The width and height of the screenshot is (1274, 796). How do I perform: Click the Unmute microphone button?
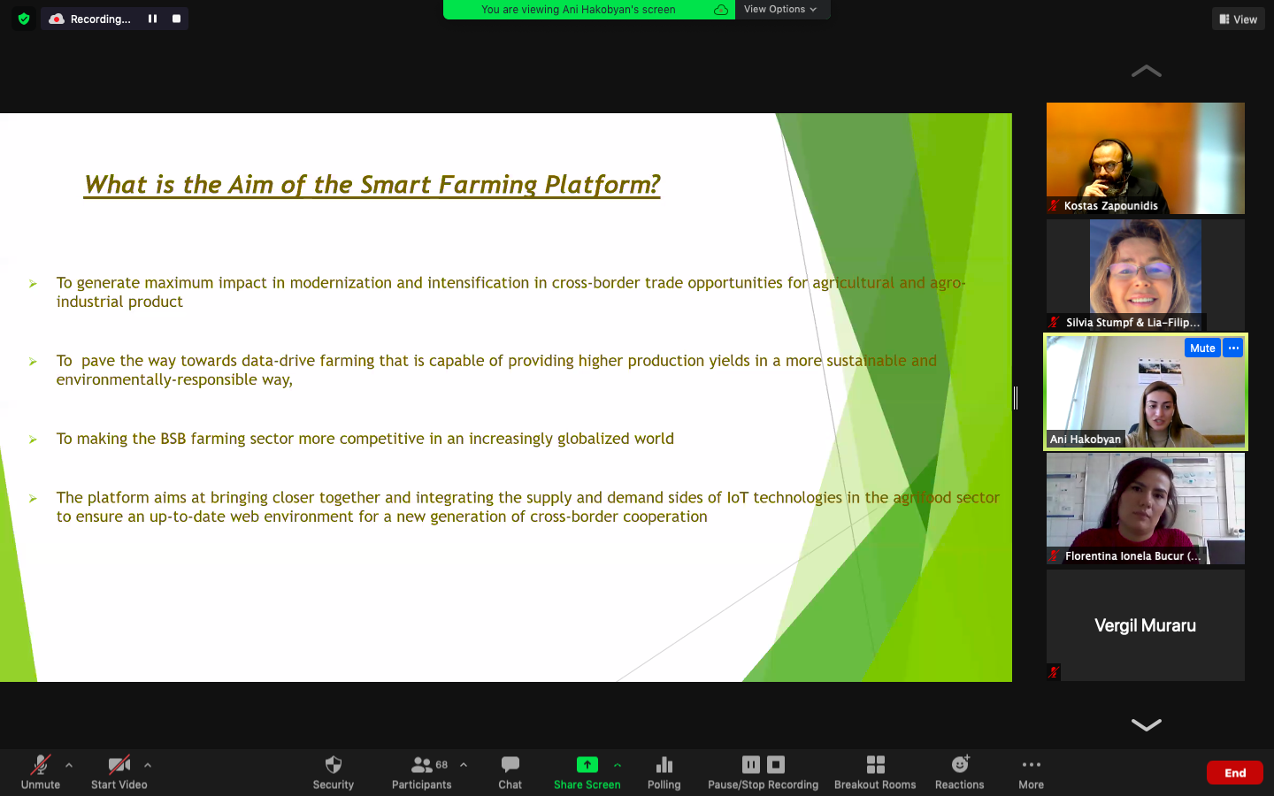[41, 765]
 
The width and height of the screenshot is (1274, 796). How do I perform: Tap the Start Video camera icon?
[119, 765]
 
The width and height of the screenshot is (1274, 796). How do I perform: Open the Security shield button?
[334, 765]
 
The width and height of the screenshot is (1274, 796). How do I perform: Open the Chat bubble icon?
[510, 765]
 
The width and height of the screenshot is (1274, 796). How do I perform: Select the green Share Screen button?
[587, 765]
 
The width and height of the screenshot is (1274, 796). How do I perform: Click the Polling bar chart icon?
[664, 765]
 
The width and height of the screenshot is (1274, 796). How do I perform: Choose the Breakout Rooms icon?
[875, 765]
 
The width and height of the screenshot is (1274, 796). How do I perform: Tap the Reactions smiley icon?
[960, 764]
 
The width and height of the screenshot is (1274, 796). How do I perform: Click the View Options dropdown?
[780, 9]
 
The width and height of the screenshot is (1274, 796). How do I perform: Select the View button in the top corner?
[1239, 19]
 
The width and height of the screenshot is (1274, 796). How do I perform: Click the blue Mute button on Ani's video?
[1201, 348]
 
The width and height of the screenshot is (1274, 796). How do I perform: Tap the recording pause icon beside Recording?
[152, 19]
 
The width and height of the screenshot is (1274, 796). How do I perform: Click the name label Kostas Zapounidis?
[1110, 206]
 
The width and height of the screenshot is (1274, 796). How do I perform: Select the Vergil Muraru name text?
[1145, 625]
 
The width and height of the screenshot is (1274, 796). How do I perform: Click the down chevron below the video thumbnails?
[1146, 724]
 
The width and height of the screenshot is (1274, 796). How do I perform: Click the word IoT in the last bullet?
[738, 497]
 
